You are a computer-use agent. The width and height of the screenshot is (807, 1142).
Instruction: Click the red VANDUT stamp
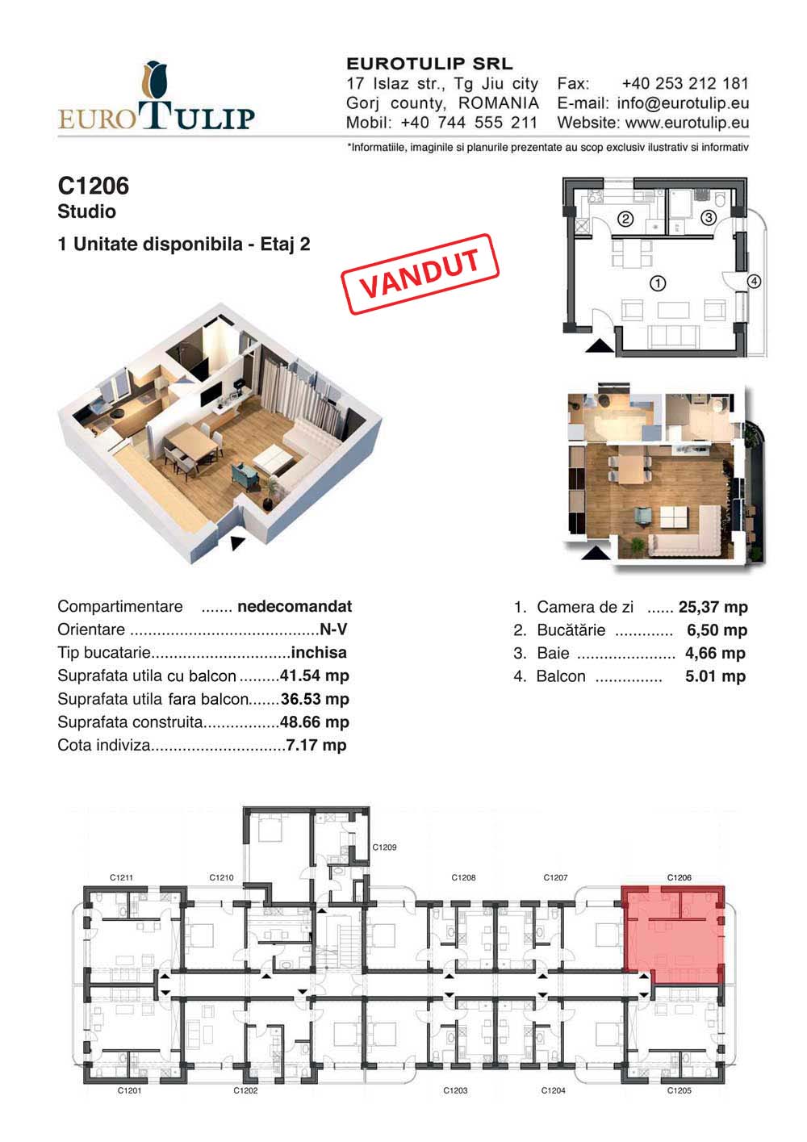tap(420, 274)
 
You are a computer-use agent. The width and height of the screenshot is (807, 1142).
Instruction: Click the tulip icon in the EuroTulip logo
tap(155, 81)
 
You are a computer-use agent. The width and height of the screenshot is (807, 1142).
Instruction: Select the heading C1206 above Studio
tap(94, 186)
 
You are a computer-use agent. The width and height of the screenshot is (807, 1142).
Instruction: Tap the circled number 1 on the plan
tap(658, 283)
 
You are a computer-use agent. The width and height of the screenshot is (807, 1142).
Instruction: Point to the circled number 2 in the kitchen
tap(625, 219)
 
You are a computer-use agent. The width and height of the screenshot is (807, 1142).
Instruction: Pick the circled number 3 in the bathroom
tap(708, 218)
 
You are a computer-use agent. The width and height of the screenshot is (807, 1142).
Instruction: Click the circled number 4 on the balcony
tap(754, 281)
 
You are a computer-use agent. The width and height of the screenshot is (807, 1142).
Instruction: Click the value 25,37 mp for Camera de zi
tap(713, 607)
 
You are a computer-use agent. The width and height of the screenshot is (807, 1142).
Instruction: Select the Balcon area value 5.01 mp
tap(715, 676)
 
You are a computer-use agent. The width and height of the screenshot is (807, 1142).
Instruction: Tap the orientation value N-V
tap(333, 630)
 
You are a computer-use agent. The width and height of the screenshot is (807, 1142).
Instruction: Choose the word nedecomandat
tap(295, 606)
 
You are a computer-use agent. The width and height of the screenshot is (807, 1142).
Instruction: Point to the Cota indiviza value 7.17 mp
tap(316, 746)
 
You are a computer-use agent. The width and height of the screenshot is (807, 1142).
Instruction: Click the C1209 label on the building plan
tap(384, 847)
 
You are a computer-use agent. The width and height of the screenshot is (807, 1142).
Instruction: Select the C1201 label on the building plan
tap(129, 1090)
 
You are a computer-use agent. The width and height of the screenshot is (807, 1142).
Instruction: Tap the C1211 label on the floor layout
tap(121, 877)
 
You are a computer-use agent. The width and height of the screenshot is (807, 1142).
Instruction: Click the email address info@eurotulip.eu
tap(683, 103)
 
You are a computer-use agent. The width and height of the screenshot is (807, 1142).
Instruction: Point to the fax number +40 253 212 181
tap(685, 83)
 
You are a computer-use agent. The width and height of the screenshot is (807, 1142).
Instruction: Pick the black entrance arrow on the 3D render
tap(237, 543)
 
